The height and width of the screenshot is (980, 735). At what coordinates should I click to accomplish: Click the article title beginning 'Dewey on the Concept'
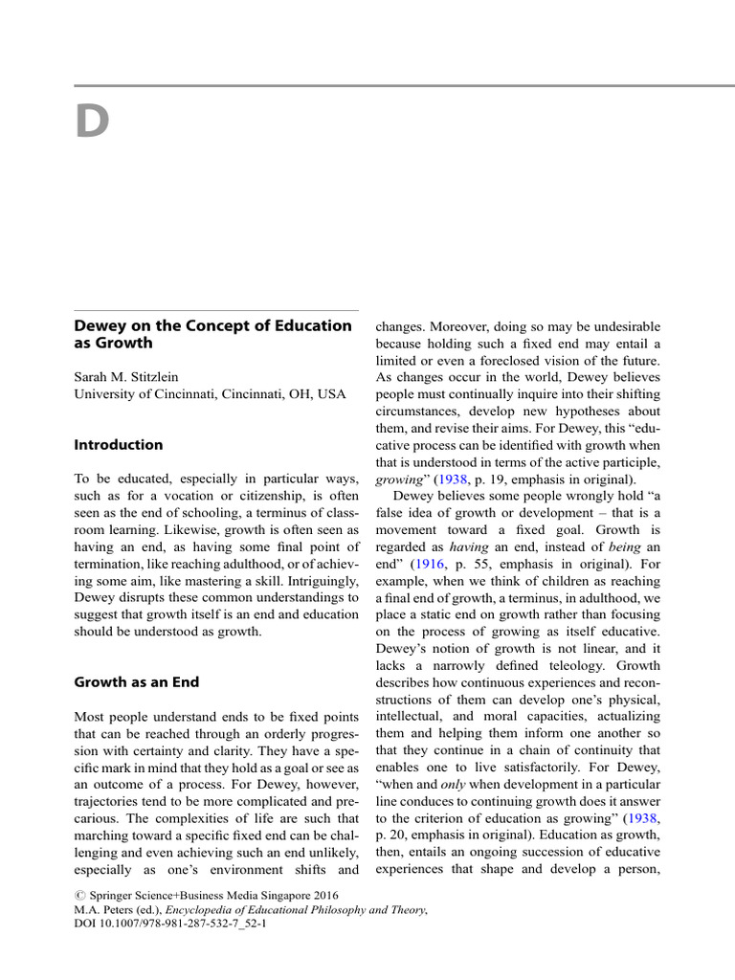[212, 334]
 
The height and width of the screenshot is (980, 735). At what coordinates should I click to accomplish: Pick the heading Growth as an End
[137, 682]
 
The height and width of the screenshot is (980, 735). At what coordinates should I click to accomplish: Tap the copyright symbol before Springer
[79, 896]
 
